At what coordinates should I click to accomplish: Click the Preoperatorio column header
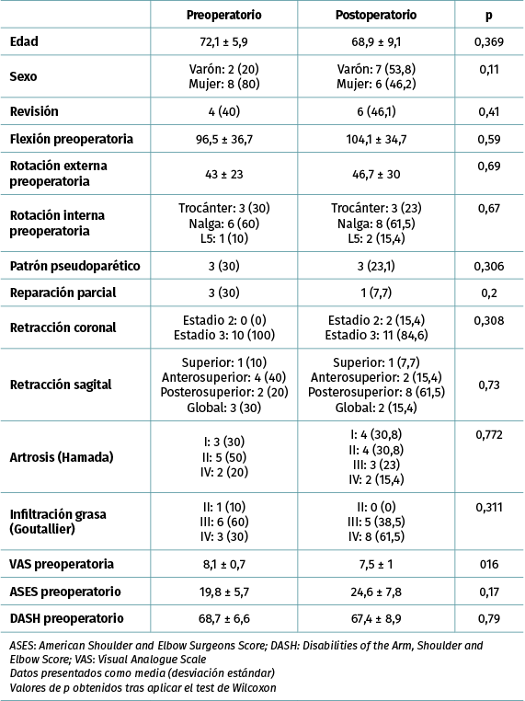(x=223, y=15)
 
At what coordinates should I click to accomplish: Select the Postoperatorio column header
(x=376, y=15)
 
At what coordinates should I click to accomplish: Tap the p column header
(x=489, y=16)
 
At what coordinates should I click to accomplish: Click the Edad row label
(x=24, y=41)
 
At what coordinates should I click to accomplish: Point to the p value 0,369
(x=489, y=42)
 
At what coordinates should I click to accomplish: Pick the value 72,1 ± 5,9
(x=223, y=42)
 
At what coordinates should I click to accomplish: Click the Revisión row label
(x=34, y=111)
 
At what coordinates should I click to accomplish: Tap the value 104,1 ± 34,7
(x=376, y=139)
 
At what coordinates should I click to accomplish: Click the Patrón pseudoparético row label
(x=75, y=266)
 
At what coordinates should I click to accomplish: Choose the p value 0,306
(x=489, y=267)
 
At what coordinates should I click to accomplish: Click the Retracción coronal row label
(x=63, y=328)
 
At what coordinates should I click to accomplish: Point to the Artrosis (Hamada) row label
(x=62, y=457)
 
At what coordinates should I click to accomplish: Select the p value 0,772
(x=489, y=434)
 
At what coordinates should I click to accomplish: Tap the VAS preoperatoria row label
(x=62, y=564)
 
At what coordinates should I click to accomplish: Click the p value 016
(x=489, y=564)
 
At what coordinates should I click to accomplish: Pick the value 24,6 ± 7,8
(x=376, y=592)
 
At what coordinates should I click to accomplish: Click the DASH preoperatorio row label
(x=66, y=618)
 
